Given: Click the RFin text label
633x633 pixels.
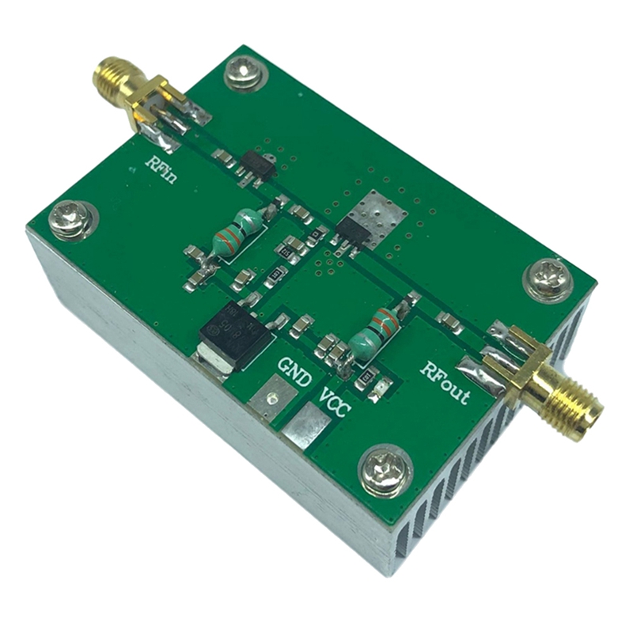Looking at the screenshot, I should pyautogui.click(x=161, y=169).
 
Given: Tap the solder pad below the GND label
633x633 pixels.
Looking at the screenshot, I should pyautogui.click(x=273, y=400).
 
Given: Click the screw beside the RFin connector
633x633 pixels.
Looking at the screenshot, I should pyautogui.click(x=240, y=76).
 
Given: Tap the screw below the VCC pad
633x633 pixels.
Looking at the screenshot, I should pyautogui.click(x=384, y=473).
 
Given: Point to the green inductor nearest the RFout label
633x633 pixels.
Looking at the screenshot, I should pyautogui.click(x=375, y=332).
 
